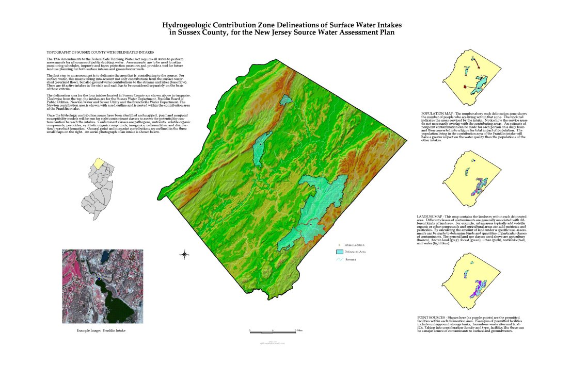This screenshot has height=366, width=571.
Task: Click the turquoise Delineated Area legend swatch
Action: click(x=340, y=252)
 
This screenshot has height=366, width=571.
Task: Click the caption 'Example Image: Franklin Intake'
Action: click(x=101, y=330)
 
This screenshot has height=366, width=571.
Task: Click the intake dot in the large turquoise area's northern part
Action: click(x=319, y=189)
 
